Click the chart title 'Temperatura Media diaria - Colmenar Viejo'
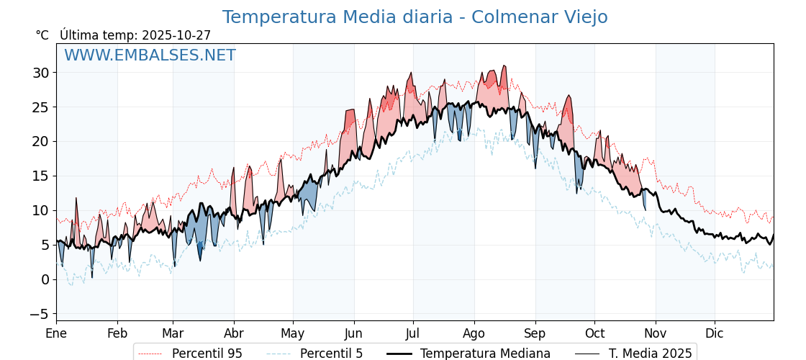coord(415,17)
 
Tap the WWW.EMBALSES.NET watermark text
coord(150,55)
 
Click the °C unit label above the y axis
coord(42,35)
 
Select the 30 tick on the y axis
coord(40,73)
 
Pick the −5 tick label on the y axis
coord(39,314)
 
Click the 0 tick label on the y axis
coord(45,279)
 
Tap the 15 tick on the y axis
coord(40,176)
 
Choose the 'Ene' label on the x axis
coord(56,333)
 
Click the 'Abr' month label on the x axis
coord(234,333)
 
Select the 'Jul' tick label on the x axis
coord(413,333)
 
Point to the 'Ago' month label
coord(474,333)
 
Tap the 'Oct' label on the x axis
coord(594,333)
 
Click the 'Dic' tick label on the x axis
coord(715,333)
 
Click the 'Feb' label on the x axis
coord(117,333)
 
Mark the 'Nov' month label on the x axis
coord(656,333)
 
